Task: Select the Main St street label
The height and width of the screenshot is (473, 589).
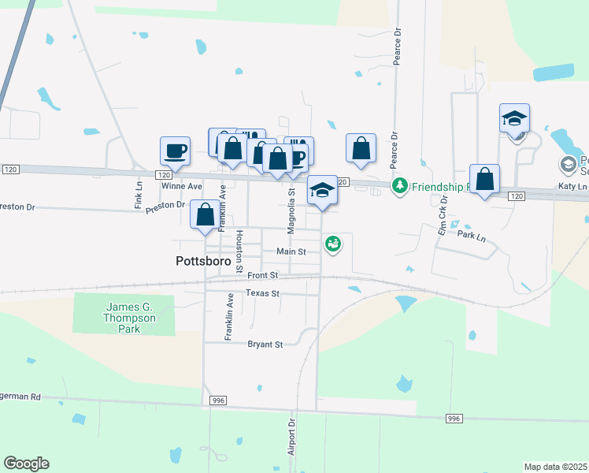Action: click(x=290, y=251)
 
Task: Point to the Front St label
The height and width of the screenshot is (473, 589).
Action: click(x=262, y=275)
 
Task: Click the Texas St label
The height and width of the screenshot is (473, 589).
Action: click(x=262, y=293)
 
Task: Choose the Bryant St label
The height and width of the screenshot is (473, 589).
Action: click(x=265, y=345)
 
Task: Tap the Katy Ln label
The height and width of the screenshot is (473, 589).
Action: click(x=572, y=186)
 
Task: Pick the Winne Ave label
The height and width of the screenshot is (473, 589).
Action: click(x=182, y=186)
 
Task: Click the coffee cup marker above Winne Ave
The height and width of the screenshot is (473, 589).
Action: click(x=175, y=149)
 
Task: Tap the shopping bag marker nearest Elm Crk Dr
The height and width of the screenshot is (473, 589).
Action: click(x=485, y=177)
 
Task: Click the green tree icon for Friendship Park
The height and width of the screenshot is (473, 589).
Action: click(x=401, y=185)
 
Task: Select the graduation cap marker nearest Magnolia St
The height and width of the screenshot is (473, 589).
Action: click(x=321, y=189)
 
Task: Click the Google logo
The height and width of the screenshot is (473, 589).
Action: click(x=26, y=464)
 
